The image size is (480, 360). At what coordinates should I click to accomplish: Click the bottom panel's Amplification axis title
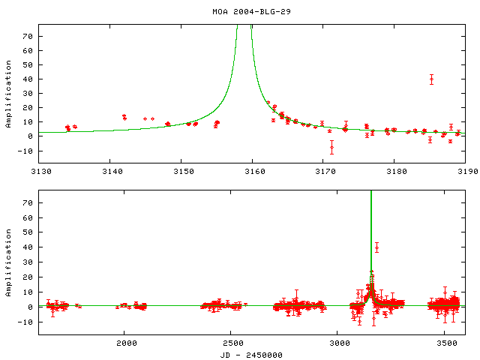coord(9,259)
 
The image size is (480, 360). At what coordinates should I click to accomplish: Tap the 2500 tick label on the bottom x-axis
coord(231,344)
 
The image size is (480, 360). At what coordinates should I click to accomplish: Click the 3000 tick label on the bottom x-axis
coord(338,344)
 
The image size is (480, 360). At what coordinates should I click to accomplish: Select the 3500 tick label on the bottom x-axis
coord(445,344)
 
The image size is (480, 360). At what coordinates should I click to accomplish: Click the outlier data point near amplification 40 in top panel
coord(431,79)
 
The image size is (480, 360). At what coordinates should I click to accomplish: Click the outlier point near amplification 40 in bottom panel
coord(376,247)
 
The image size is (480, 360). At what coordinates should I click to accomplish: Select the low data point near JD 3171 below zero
coord(331,147)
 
